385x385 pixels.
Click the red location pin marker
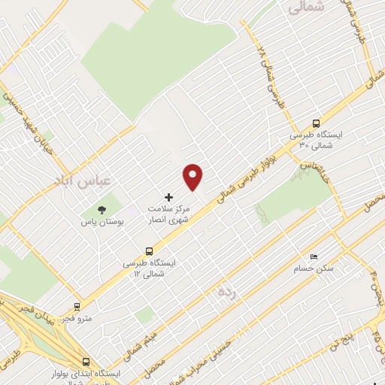point(193,176)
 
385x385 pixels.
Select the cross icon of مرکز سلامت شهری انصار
point(168,196)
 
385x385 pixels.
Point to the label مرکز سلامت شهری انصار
point(169,213)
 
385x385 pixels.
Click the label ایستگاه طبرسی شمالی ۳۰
point(317,141)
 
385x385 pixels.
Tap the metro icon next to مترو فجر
point(76,306)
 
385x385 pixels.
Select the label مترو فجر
point(98,318)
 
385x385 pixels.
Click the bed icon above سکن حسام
point(314,256)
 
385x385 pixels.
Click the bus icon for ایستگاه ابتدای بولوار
point(85,361)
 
